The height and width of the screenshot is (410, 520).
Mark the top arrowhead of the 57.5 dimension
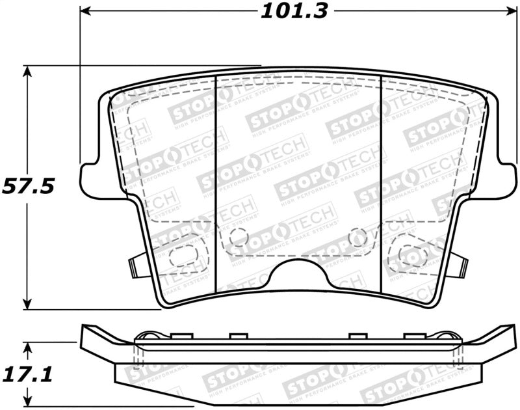(x=27, y=70)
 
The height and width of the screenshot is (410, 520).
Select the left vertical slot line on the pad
(x=215, y=182)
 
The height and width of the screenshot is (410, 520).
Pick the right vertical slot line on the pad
(x=381, y=182)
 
